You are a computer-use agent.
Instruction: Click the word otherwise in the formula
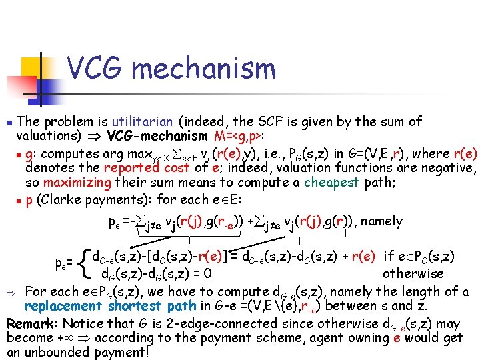[413, 273]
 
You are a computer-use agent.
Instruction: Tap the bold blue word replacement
[62, 307]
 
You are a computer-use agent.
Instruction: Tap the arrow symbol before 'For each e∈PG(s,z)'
[11, 292]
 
